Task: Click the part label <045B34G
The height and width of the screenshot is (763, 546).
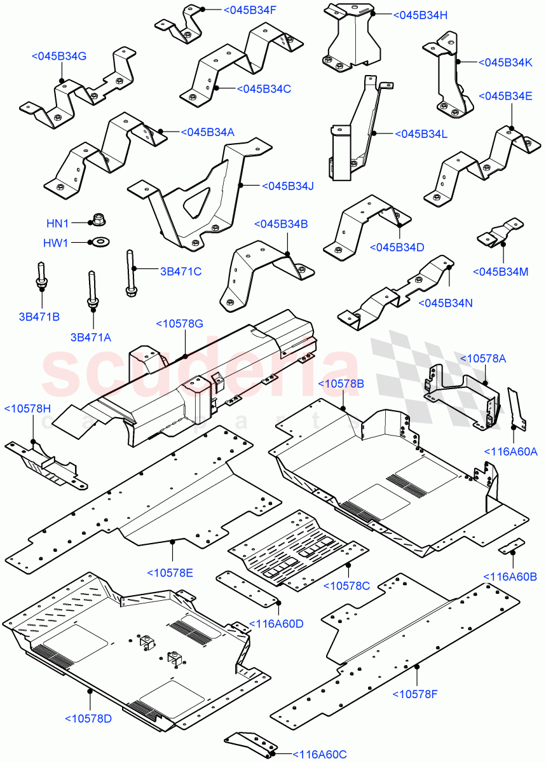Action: (x=58, y=57)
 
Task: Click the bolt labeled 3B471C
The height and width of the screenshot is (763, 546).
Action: (x=130, y=272)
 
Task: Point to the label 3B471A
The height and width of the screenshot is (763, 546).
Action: (x=90, y=337)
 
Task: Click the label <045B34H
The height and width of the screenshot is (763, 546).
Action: (x=420, y=15)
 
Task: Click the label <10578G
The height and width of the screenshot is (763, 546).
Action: (x=180, y=324)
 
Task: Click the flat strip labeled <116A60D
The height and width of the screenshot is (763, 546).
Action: (x=247, y=588)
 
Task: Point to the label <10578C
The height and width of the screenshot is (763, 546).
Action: (x=346, y=585)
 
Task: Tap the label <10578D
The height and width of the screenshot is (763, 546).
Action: (x=88, y=718)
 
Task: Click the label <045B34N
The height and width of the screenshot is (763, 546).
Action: (x=446, y=303)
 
